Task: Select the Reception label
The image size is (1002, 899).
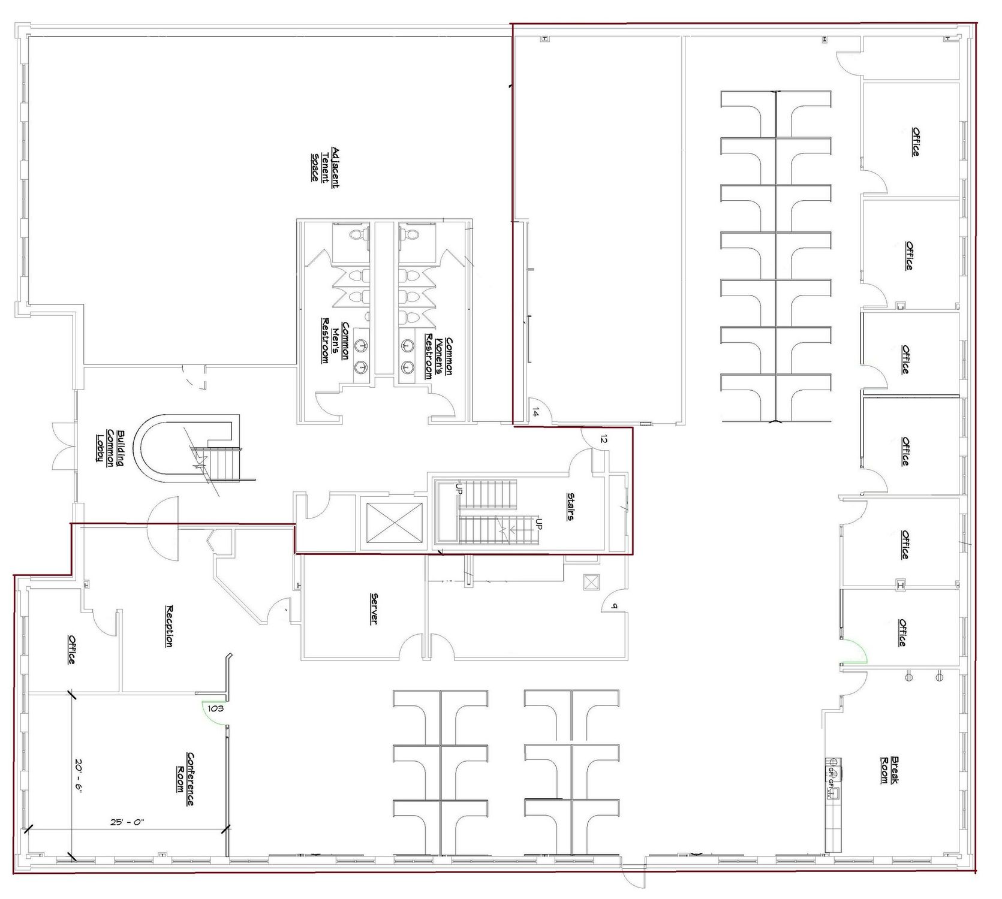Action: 169,625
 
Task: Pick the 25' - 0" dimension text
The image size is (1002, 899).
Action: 127,822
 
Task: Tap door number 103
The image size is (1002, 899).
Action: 215,708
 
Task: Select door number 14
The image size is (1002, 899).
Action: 535,412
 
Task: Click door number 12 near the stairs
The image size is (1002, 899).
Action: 603,440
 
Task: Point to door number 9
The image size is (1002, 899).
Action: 613,606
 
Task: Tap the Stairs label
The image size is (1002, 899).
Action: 571,506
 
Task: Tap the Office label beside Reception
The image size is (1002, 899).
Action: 71,649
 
